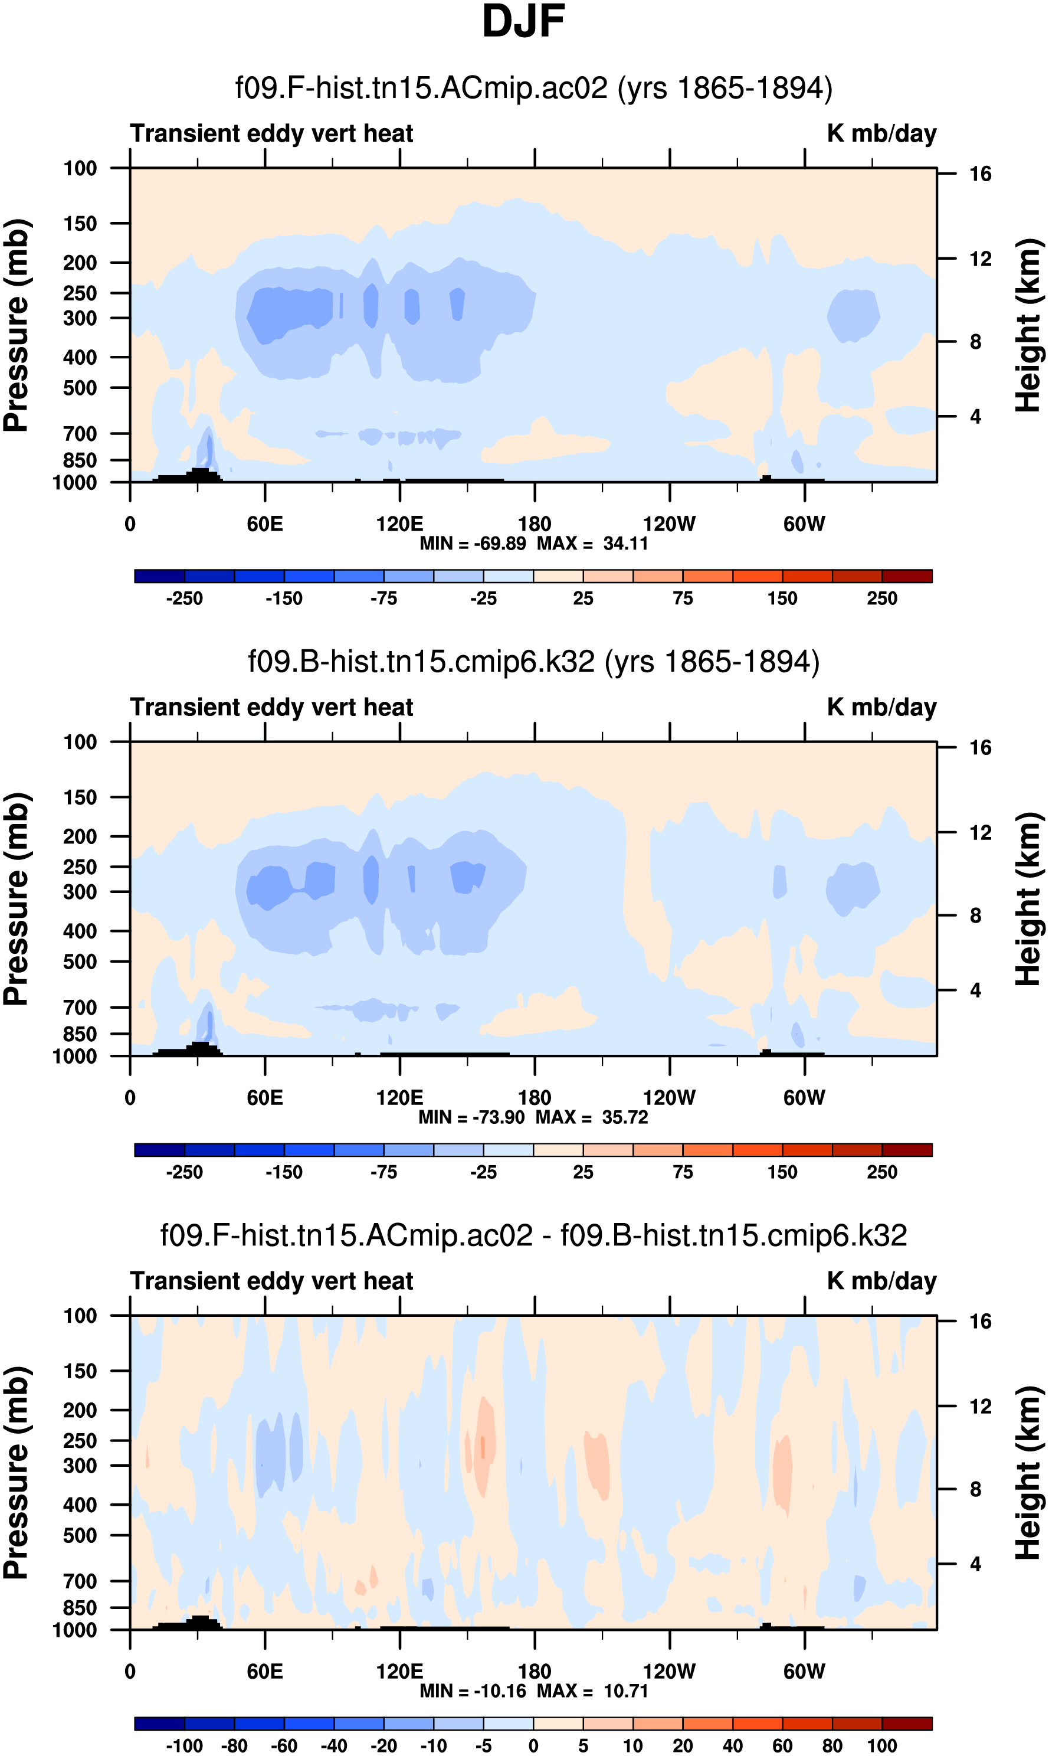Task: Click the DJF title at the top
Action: tap(523, 22)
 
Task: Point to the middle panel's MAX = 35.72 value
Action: tap(592, 1117)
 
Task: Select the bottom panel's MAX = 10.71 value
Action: tap(592, 1691)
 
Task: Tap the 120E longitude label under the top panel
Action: tap(399, 524)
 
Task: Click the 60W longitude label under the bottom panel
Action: tap(804, 1671)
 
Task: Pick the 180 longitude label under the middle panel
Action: tap(535, 1098)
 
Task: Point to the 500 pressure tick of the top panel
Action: tap(80, 388)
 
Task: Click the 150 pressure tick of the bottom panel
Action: tap(80, 1371)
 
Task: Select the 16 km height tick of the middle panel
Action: tap(981, 747)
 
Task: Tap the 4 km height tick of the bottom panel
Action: tap(975, 1564)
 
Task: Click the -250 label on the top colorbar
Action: tap(185, 599)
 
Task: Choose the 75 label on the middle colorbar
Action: tap(683, 1173)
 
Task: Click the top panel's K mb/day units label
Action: tap(881, 133)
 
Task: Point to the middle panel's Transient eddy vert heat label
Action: tap(271, 707)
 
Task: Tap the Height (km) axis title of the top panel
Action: tap(1028, 325)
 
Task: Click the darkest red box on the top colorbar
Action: tap(907, 576)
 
